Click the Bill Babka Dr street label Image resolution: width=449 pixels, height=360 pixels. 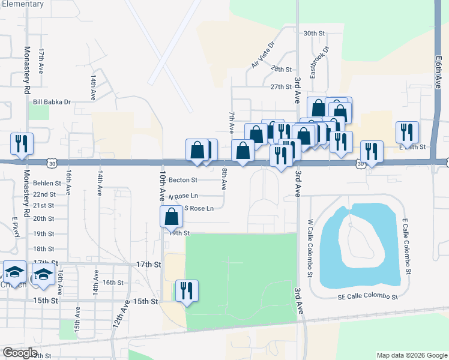(x=52, y=102)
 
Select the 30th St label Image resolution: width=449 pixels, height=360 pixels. (x=314, y=34)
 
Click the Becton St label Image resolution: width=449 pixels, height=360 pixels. (x=183, y=179)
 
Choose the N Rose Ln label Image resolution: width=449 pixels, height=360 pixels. (x=183, y=196)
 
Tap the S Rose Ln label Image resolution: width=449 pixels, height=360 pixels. (x=198, y=209)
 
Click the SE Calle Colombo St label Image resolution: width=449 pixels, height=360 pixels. (x=367, y=297)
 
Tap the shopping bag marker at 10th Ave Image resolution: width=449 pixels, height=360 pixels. (x=171, y=216)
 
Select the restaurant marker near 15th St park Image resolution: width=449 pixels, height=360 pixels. (x=186, y=292)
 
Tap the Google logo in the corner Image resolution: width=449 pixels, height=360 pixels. (x=20, y=353)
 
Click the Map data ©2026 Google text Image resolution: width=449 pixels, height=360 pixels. (x=411, y=355)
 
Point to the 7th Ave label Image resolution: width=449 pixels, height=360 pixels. (x=231, y=122)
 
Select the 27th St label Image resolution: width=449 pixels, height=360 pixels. (x=280, y=87)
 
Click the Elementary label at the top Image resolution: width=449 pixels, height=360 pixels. (x=22, y=4)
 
